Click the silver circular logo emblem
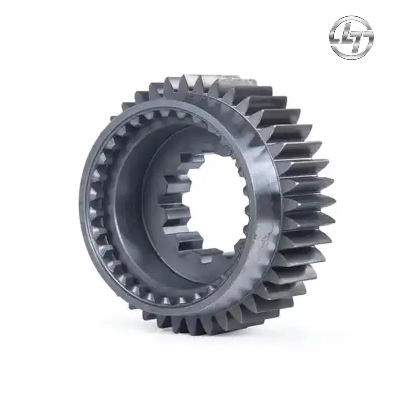pyautogui.click(x=352, y=37)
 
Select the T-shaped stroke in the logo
pyautogui.click(x=359, y=38)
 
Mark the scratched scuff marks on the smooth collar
pyautogui.click(x=262, y=244)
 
